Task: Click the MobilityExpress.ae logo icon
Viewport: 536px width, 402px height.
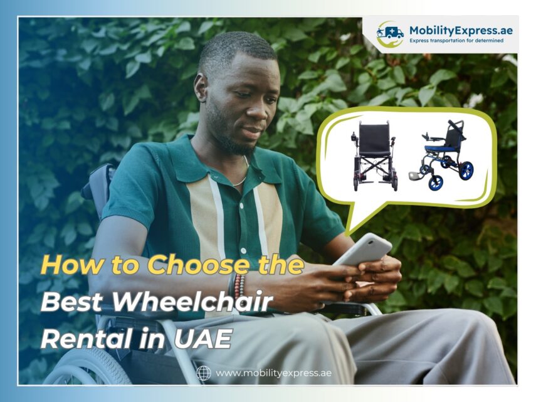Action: pyautogui.click(x=389, y=34)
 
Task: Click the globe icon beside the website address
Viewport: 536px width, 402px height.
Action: pyautogui.click(x=204, y=373)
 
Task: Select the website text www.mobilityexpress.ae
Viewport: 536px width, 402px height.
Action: pyautogui.click(x=273, y=373)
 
